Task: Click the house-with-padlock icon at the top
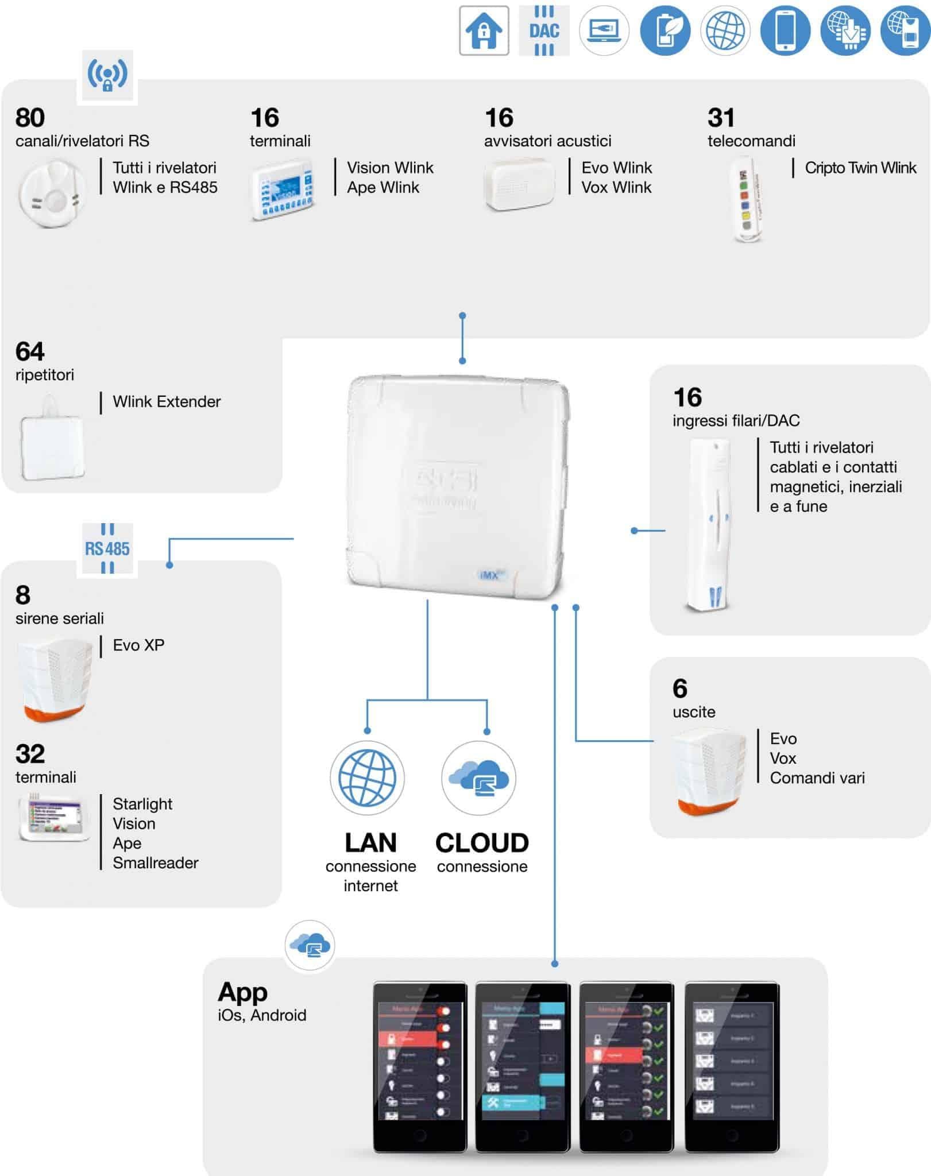[484, 31]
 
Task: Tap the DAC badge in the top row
[544, 31]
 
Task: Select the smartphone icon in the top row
[785, 31]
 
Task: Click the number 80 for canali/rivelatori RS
[30, 118]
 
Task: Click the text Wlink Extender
[167, 402]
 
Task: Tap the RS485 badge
[107, 549]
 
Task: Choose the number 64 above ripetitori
[30, 351]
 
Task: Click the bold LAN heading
[370, 843]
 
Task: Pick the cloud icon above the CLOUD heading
[479, 778]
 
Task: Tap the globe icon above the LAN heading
[367, 778]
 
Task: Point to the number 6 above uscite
[679, 688]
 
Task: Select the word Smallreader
[156, 863]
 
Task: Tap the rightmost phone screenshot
[732, 1067]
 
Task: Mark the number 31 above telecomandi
[721, 118]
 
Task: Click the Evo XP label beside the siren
[138, 645]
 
